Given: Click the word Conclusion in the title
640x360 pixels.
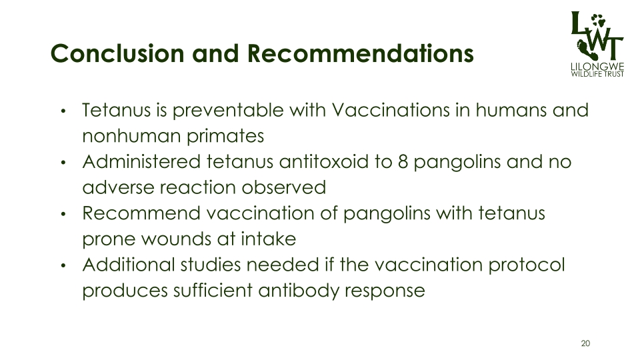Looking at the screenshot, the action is click(x=117, y=53).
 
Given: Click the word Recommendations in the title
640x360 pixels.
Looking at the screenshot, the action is click(x=361, y=53).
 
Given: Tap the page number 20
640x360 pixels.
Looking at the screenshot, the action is click(x=585, y=343).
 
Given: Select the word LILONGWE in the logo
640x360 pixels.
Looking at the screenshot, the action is click(x=597, y=67).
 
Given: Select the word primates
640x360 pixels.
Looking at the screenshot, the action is click(x=225, y=137).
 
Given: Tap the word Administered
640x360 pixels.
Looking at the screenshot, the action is click(x=141, y=161).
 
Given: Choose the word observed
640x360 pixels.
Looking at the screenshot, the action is click(x=284, y=188).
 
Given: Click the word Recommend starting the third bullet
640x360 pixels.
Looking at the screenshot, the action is click(x=141, y=213).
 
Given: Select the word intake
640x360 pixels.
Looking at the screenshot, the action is click(x=269, y=239).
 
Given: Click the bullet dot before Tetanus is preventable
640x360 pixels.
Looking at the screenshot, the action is click(x=63, y=111).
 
